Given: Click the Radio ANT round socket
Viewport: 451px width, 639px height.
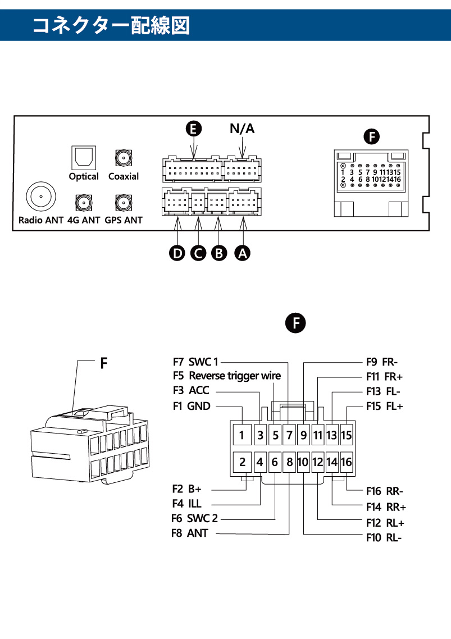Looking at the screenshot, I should pos(41,197).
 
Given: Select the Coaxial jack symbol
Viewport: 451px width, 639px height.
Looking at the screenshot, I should pos(123,157).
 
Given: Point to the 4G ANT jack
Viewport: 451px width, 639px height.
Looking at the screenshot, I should pos(83,203).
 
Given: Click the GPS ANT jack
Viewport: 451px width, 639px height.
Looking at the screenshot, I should pos(123,203).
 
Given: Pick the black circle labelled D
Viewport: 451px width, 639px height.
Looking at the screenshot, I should pos(177,253).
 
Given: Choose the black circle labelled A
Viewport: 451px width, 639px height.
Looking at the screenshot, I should pos(243,253).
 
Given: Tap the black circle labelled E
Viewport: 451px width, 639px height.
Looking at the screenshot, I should pos(194,129).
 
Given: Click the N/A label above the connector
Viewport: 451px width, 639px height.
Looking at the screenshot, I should pos(242,129).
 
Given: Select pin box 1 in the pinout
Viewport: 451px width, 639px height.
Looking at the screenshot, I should pos(242,435).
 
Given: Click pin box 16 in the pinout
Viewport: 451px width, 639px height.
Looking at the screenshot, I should pos(346,462).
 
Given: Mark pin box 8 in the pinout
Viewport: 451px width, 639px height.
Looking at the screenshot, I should pos(289,462).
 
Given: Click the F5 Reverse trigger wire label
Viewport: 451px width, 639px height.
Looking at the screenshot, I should pos(226,376).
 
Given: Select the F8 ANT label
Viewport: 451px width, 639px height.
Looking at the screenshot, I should pos(189,533).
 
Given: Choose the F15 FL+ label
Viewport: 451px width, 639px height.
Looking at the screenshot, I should pos(385,406).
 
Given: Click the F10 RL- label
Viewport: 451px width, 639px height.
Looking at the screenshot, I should pos(384,538).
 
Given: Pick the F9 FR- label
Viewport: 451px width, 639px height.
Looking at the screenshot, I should pos(382,362).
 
